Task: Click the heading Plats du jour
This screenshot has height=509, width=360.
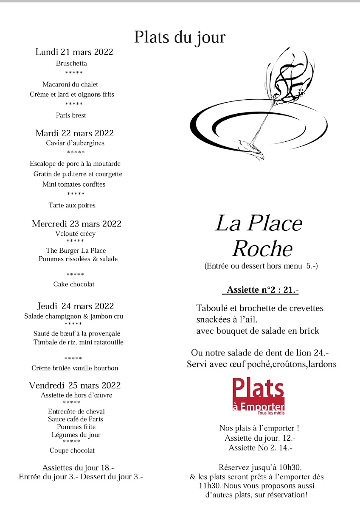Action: (180, 37)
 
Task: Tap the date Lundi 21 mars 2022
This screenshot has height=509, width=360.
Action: (74, 52)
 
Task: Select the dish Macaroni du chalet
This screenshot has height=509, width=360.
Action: (70, 84)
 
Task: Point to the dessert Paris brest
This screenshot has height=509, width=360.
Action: (71, 115)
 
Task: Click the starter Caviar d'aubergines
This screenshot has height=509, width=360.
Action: (75, 143)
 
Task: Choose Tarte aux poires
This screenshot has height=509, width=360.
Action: (72, 205)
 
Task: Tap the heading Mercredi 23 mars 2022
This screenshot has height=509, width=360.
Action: (76, 224)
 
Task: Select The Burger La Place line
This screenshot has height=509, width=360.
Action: (76, 250)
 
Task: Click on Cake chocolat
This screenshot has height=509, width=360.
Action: (74, 284)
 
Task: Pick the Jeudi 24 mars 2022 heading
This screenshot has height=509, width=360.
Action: (76, 306)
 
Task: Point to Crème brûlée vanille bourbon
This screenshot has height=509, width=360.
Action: (75, 368)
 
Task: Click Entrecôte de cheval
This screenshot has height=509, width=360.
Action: (77, 411)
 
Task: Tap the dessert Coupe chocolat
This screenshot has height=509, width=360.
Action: (72, 450)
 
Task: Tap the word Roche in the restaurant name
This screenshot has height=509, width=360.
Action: (262, 249)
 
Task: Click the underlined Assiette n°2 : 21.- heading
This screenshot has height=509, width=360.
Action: (260, 290)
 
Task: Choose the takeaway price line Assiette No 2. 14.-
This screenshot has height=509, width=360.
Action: (260, 447)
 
